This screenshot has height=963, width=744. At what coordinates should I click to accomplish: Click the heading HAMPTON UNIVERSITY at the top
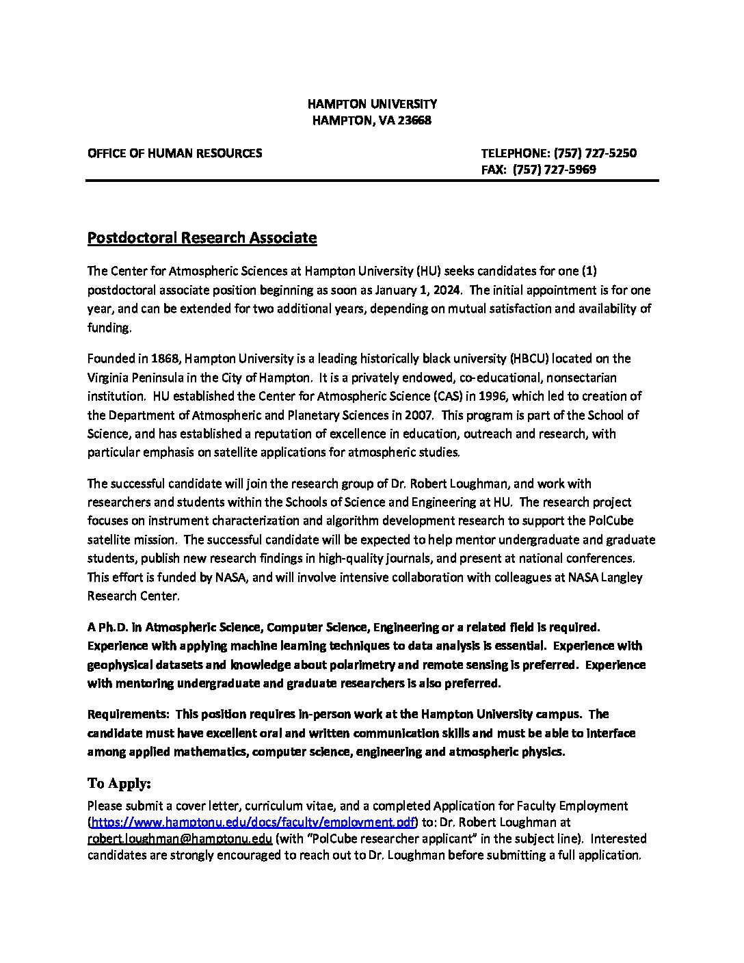click(x=372, y=104)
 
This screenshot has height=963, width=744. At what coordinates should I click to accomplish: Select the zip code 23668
click(x=414, y=120)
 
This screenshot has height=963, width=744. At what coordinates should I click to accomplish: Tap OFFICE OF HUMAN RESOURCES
click(x=174, y=153)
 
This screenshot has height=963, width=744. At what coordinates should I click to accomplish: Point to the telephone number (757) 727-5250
click(x=595, y=153)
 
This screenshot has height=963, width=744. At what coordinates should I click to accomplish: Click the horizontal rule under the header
click(x=372, y=181)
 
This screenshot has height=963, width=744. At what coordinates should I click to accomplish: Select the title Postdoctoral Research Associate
click(x=202, y=238)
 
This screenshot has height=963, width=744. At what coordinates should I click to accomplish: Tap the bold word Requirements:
click(x=128, y=714)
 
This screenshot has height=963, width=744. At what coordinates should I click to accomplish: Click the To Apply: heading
click(x=119, y=783)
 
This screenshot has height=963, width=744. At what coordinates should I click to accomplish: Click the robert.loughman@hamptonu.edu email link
click(x=180, y=839)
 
